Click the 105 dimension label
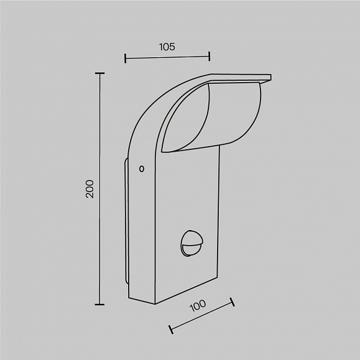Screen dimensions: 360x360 167,47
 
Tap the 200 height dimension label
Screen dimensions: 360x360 90,189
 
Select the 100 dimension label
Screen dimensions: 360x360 198,305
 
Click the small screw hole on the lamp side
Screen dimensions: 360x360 142,168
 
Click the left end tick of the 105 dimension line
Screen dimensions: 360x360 125,58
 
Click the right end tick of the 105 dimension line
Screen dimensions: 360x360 210,56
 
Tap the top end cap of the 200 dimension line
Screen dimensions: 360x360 99,73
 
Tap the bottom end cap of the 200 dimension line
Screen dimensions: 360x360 99,305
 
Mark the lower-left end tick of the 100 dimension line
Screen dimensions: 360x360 171,330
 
